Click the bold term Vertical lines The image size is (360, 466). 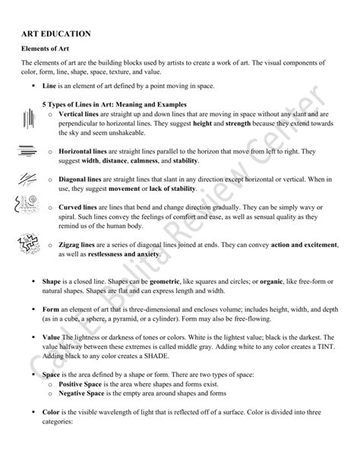[79, 113]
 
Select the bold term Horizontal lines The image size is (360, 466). [84, 151]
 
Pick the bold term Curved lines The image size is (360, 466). [79, 206]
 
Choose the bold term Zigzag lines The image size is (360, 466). [79, 244]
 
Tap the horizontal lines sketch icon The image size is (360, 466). [27, 151]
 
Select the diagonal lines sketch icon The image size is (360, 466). [27, 179]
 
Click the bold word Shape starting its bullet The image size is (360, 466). [52, 281]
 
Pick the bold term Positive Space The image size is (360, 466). [81, 385]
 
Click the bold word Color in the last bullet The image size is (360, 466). [52, 413]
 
